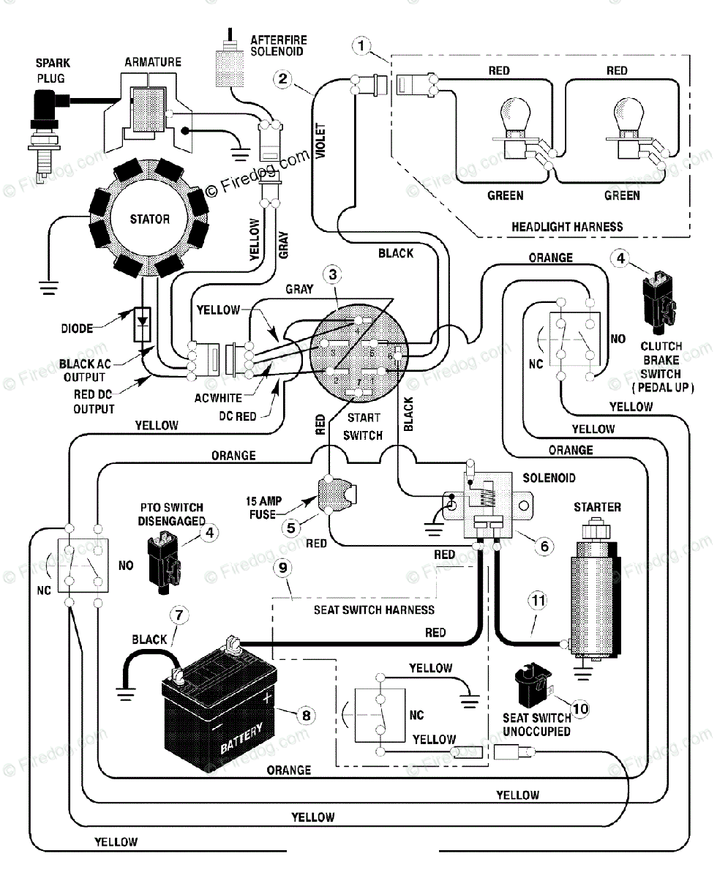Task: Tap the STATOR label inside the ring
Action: (150, 219)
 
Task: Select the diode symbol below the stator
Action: (142, 324)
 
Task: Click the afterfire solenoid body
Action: (230, 69)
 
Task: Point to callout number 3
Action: (332, 275)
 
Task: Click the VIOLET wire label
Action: (321, 140)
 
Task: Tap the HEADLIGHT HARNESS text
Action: (567, 227)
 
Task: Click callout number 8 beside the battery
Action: (306, 716)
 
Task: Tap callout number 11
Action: (539, 601)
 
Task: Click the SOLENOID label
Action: (549, 478)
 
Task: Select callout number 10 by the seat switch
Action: (580, 709)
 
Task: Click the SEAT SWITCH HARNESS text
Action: (374, 610)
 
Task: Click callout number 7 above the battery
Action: (179, 615)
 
